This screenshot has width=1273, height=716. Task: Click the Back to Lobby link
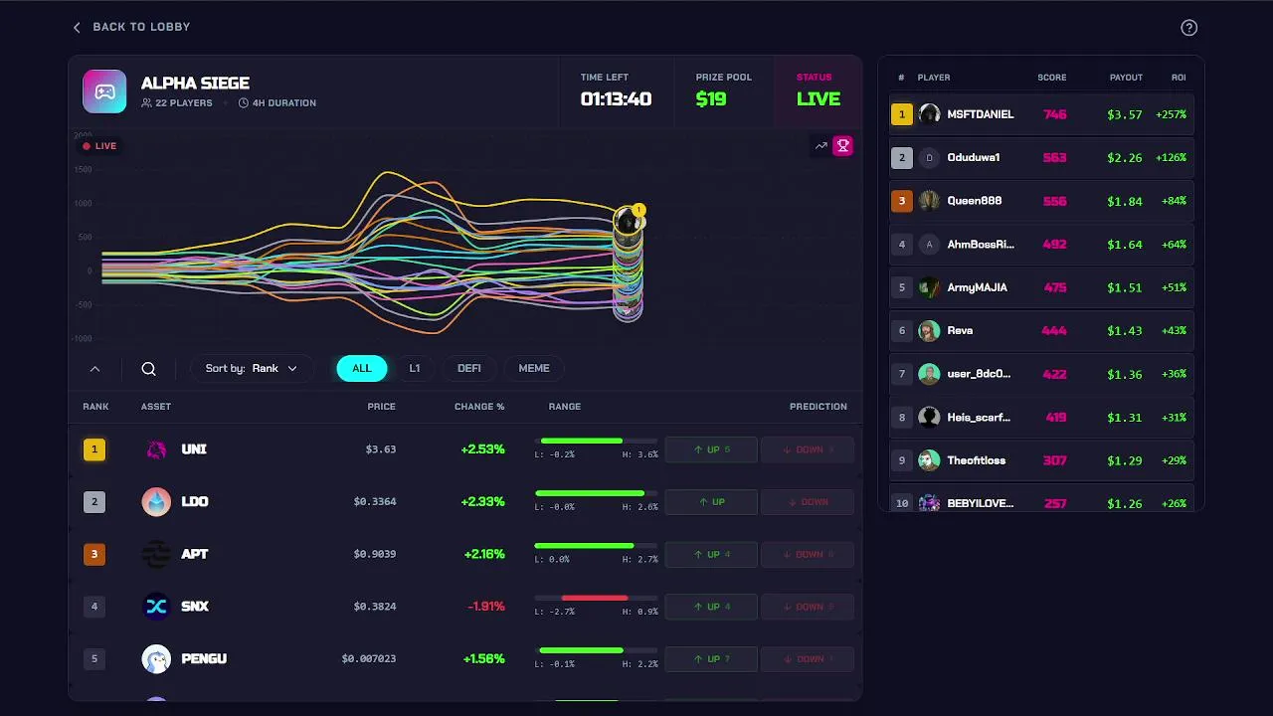pos(131,27)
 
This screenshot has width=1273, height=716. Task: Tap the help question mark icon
pos(1188,28)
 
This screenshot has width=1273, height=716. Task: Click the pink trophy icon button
pos(842,146)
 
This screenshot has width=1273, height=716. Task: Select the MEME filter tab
pos(534,368)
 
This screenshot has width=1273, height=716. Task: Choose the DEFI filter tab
pos(469,368)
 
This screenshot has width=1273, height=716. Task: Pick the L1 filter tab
pos(415,368)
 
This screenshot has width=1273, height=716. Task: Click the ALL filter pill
pos(361,368)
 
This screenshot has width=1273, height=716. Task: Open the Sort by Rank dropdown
pos(252,368)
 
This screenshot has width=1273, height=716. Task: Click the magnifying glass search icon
pos(148,369)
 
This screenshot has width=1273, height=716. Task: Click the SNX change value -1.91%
pos(485,607)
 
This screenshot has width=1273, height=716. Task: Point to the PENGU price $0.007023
pos(368,658)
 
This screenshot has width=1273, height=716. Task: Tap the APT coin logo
pos(156,554)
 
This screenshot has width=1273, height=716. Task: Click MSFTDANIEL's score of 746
pos(1054,114)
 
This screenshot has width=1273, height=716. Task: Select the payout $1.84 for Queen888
pos(1124,201)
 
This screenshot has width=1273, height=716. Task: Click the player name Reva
pos(960,330)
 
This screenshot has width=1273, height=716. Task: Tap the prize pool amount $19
pos(711,98)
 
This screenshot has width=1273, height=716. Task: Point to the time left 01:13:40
pos(616,98)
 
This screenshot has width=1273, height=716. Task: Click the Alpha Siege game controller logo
pos(104,91)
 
